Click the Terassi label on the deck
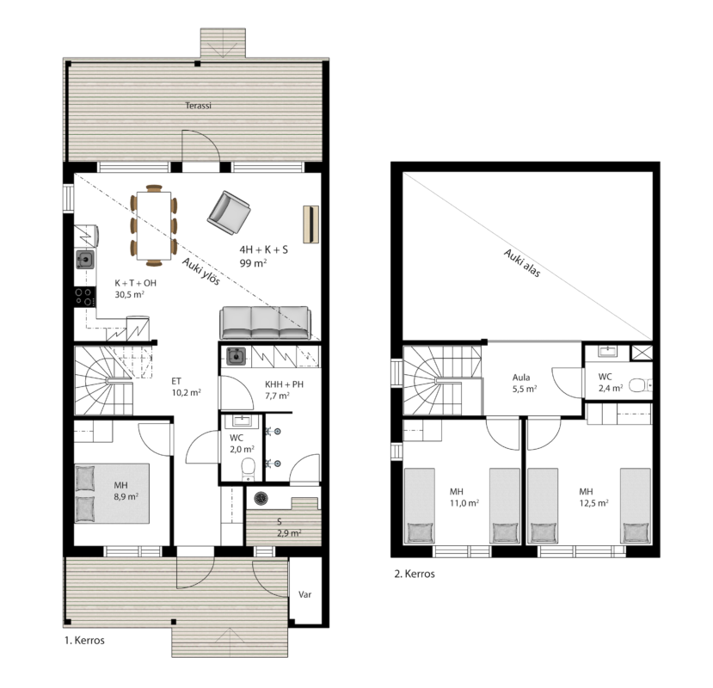point(199,106)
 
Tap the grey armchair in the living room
point(229,212)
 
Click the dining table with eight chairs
point(154,225)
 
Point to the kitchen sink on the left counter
point(85,260)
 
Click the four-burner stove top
point(85,297)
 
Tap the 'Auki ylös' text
point(201,272)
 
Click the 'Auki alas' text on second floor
point(522,263)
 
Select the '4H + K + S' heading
point(264,249)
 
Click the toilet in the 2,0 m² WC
point(248,469)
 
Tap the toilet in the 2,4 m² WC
point(640,386)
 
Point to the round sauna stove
point(261,498)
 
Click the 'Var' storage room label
point(304,594)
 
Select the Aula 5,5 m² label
point(525,383)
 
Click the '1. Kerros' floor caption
point(84,640)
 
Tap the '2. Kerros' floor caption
point(415,574)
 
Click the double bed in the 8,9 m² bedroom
point(112,494)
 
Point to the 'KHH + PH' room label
point(284,384)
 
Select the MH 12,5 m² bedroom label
point(593,497)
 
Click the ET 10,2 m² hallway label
point(187,387)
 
